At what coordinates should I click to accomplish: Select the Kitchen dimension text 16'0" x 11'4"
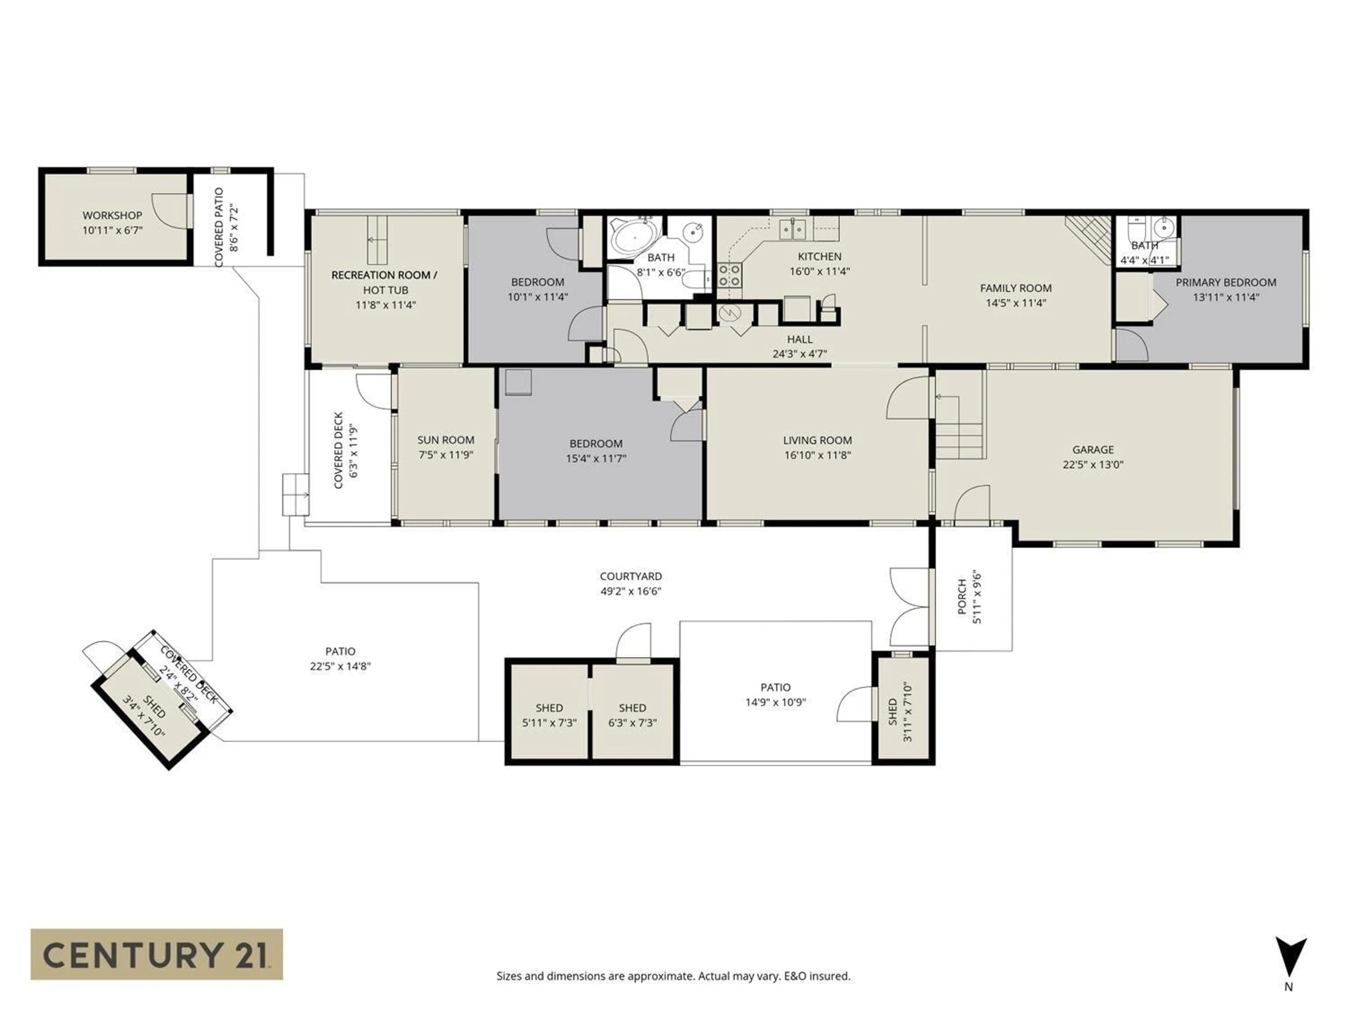[820, 271]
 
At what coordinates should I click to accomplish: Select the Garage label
[1092, 449]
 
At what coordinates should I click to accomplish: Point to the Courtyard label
[630, 576]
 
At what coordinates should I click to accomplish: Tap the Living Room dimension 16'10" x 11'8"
[817, 455]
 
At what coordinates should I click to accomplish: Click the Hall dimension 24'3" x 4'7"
[799, 354]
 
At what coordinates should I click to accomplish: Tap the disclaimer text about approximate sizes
[673, 976]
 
